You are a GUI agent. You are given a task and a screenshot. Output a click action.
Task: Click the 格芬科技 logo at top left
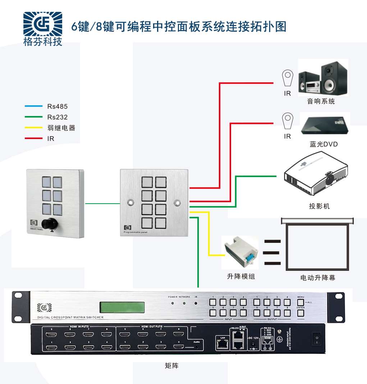pos(42,29)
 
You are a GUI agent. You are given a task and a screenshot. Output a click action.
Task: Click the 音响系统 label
pos(321,101)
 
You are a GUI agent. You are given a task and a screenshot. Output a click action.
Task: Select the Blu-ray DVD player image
pos(325,125)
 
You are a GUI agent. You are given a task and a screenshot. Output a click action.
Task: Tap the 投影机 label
pos(319,206)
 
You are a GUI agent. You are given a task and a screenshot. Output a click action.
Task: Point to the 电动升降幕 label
pos(317,278)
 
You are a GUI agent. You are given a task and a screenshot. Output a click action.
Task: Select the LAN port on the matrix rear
pos(221,344)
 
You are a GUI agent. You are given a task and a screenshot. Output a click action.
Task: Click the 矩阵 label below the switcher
pos(171,366)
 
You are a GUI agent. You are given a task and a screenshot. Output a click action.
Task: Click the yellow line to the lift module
pos(209,237)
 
